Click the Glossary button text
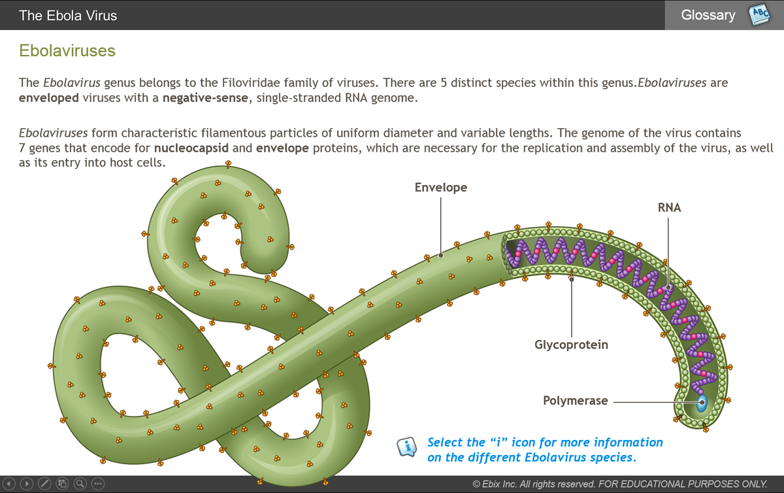tap(708, 15)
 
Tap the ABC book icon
tap(759, 15)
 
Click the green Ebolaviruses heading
tap(67, 50)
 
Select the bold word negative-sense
tap(205, 98)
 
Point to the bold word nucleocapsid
tap(191, 148)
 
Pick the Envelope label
tap(440, 188)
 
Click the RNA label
tap(669, 208)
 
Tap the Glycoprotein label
tap(571, 345)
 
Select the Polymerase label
tap(575, 401)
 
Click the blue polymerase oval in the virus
tap(702, 403)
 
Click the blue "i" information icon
tap(406, 447)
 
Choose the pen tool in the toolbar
tap(44, 484)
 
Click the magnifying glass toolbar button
tap(80, 484)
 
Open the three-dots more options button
tap(98, 484)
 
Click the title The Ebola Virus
tap(68, 16)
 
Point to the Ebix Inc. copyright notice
tap(619, 484)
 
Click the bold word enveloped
tap(48, 98)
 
